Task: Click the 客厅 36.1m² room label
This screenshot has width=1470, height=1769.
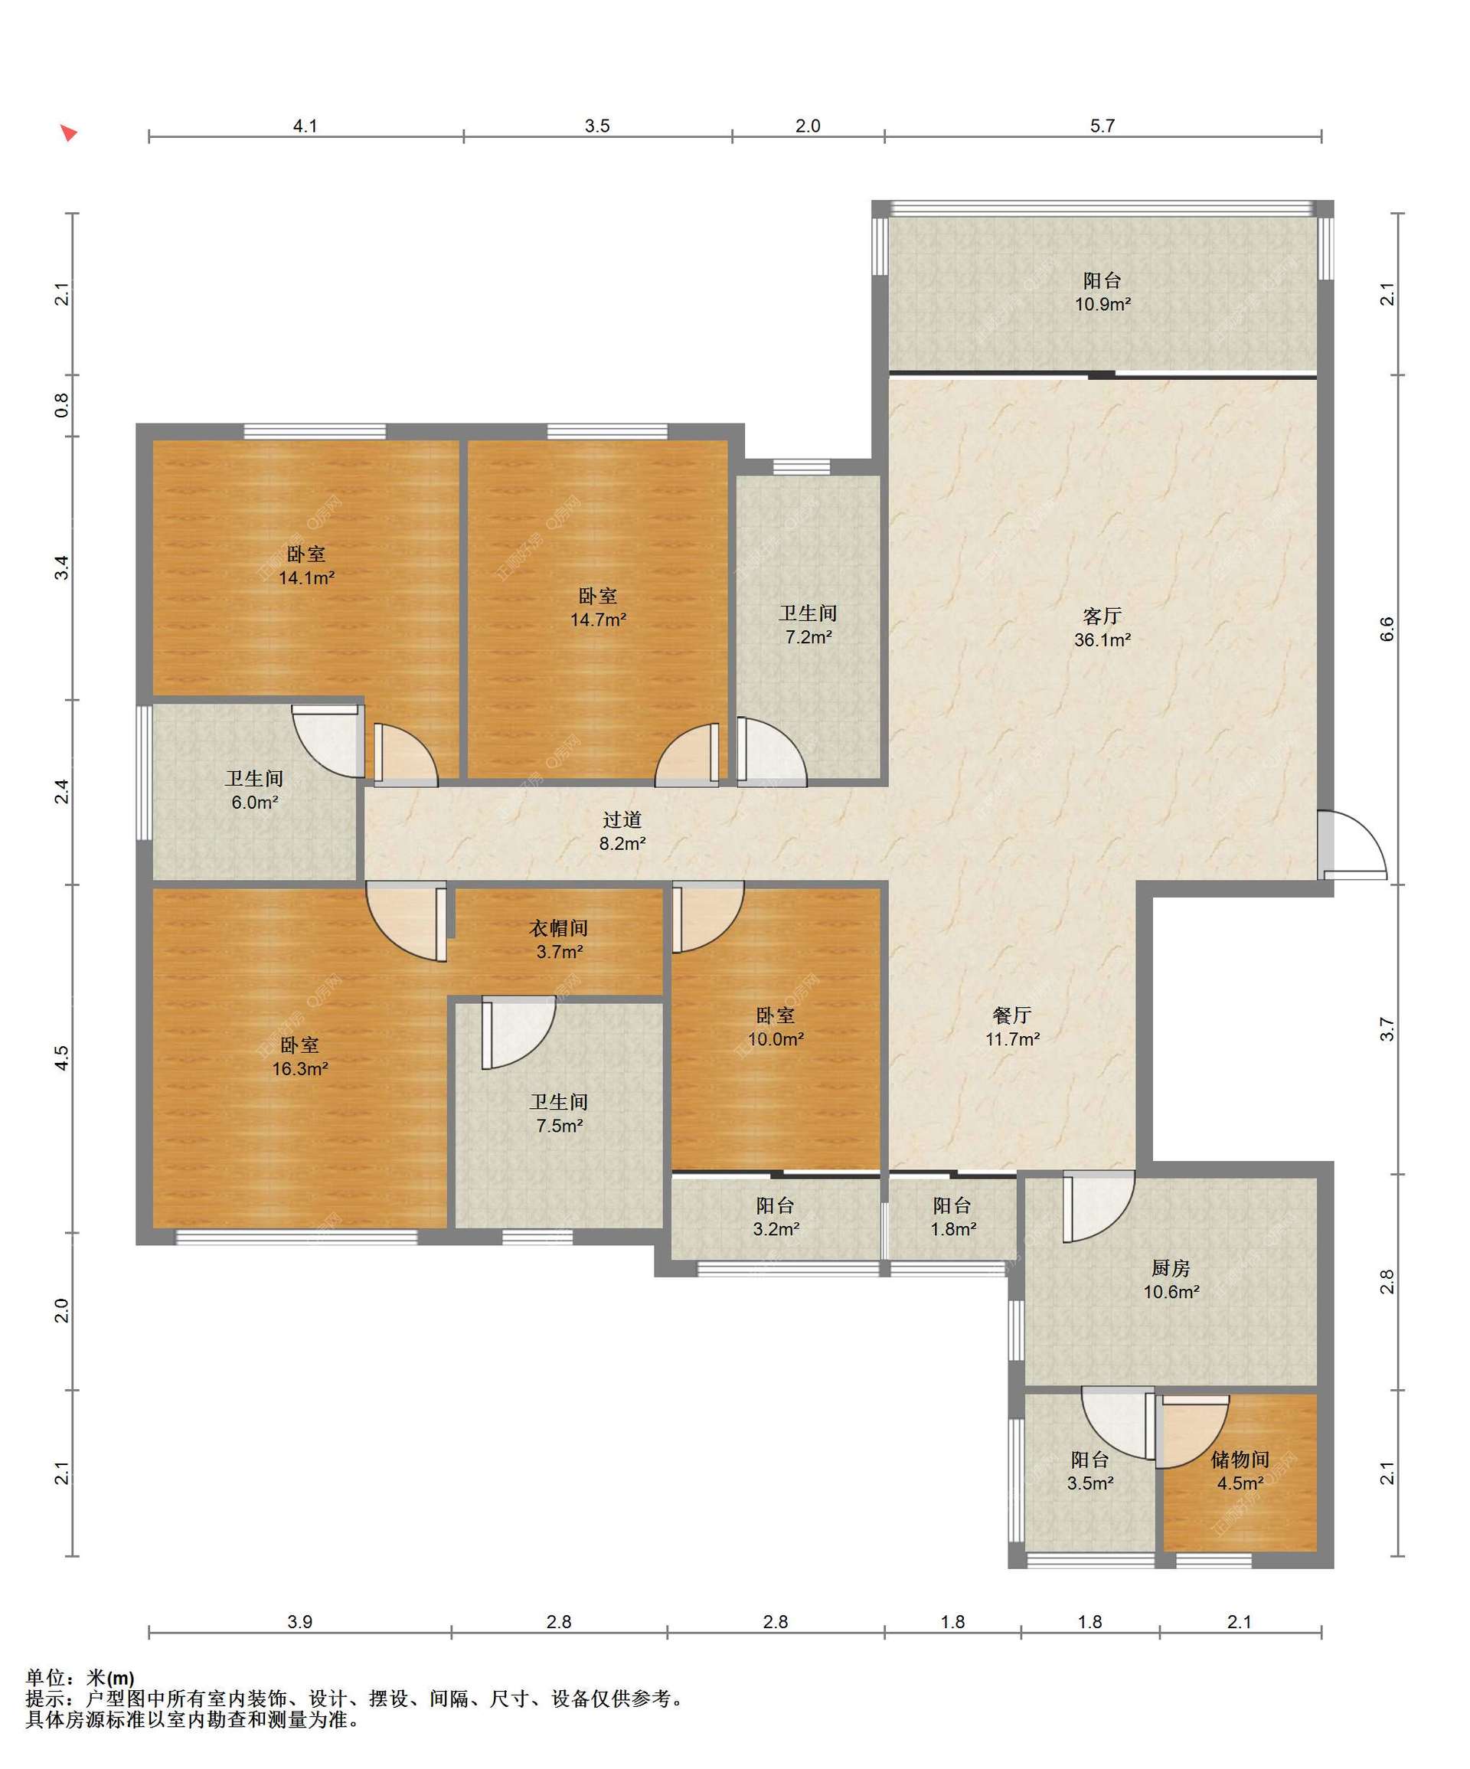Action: click(x=1101, y=628)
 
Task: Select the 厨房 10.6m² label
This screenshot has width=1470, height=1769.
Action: click(x=1170, y=1280)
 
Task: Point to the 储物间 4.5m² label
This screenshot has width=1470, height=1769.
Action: click(x=1240, y=1472)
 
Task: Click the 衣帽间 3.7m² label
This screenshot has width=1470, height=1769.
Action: click(x=558, y=939)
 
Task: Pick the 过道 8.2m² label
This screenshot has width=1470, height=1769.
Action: click(x=622, y=831)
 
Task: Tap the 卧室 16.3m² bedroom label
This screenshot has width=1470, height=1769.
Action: click(x=299, y=1056)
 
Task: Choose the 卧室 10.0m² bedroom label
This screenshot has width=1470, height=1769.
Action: click(x=775, y=1027)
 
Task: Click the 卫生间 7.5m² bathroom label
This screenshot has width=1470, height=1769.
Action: click(x=558, y=1113)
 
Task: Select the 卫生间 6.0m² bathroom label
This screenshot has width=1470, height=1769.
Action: click(x=254, y=790)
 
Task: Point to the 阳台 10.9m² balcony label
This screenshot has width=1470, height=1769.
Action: click(x=1102, y=292)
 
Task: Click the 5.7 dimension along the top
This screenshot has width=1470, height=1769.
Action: click(x=1102, y=126)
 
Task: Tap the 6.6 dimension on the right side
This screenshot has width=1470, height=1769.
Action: click(x=1387, y=629)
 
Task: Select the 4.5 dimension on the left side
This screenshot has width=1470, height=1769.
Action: click(x=61, y=1058)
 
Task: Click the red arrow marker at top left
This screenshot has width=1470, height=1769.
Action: click(x=68, y=132)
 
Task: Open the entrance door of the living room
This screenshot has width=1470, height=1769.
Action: click(x=1352, y=845)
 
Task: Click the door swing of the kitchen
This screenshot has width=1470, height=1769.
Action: click(x=1099, y=1205)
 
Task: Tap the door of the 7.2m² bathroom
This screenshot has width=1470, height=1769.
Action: click(x=772, y=751)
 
